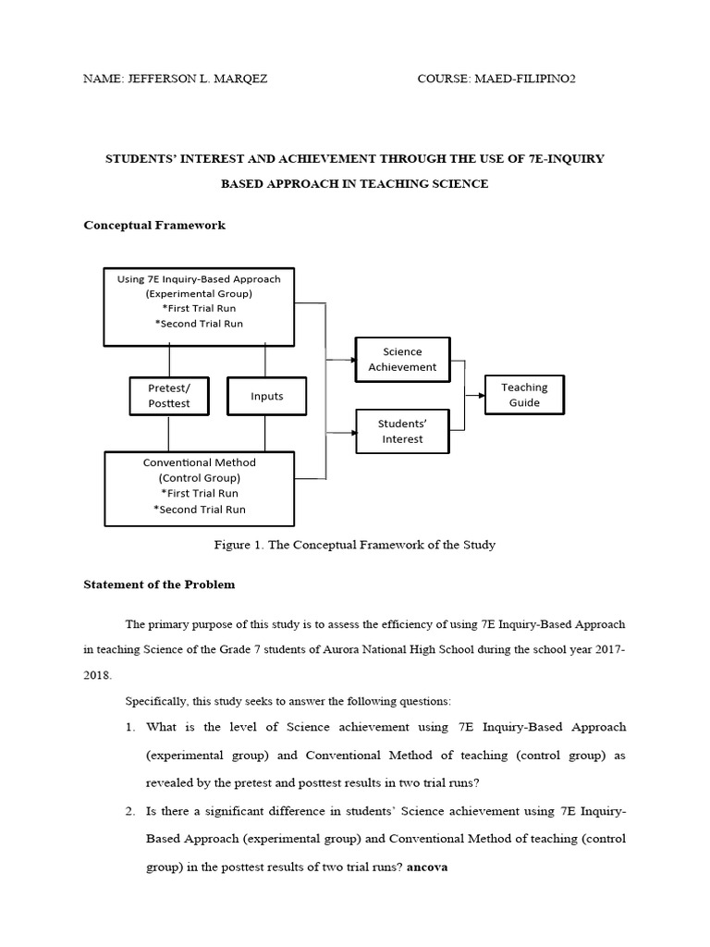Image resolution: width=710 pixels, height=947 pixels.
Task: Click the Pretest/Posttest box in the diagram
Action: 169,397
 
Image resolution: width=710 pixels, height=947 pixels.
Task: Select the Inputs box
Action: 266,397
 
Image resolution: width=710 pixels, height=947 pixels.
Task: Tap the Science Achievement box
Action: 402,360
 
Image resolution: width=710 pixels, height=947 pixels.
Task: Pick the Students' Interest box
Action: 402,431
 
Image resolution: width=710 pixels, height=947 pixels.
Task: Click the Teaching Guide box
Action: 524,395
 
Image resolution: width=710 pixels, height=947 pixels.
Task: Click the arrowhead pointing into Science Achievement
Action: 351,360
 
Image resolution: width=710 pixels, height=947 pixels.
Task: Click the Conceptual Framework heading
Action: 154,225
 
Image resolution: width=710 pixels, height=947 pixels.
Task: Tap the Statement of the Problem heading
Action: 159,584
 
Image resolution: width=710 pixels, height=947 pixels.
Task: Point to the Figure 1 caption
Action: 355,545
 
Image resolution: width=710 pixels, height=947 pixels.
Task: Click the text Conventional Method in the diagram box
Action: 200,462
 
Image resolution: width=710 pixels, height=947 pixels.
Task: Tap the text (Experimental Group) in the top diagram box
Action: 200,294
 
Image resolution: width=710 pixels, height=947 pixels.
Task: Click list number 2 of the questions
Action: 130,811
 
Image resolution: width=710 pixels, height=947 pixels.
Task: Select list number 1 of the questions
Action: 130,727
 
